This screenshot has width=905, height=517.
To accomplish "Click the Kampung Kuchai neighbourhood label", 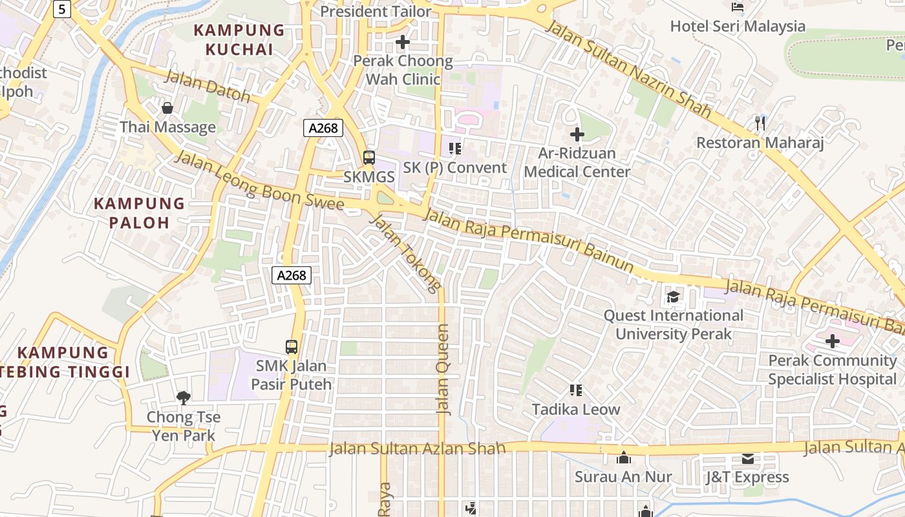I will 239,39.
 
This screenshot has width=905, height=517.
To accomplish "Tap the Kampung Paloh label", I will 139,213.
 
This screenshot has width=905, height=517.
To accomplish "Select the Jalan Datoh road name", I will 208,86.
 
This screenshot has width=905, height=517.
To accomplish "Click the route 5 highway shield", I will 61,8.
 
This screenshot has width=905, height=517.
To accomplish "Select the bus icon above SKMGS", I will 368,157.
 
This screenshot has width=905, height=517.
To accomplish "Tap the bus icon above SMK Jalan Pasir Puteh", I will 292,347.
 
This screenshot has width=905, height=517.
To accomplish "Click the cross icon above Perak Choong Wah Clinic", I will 403,43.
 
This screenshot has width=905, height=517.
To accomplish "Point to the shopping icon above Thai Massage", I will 167,108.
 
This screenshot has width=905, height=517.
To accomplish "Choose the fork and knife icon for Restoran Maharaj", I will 760,123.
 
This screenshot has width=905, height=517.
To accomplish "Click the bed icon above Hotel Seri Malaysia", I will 738,8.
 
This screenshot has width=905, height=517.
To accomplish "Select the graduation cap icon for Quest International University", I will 673,297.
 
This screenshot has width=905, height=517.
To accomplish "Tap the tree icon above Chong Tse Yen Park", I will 184,398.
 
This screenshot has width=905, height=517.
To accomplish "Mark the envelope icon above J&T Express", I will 748,459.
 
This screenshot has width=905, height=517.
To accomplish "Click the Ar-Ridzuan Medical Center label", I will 577,163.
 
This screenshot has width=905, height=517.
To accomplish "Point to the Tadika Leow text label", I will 576,409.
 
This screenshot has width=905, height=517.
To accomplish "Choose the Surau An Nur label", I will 624,477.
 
